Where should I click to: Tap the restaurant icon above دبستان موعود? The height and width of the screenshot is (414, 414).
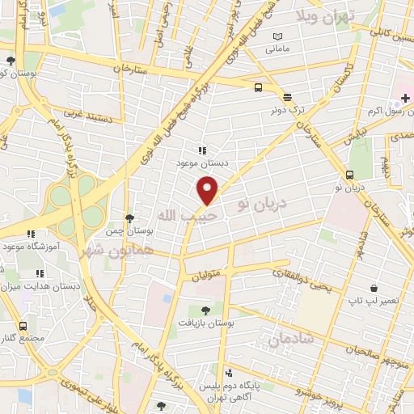click(x=202, y=150)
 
